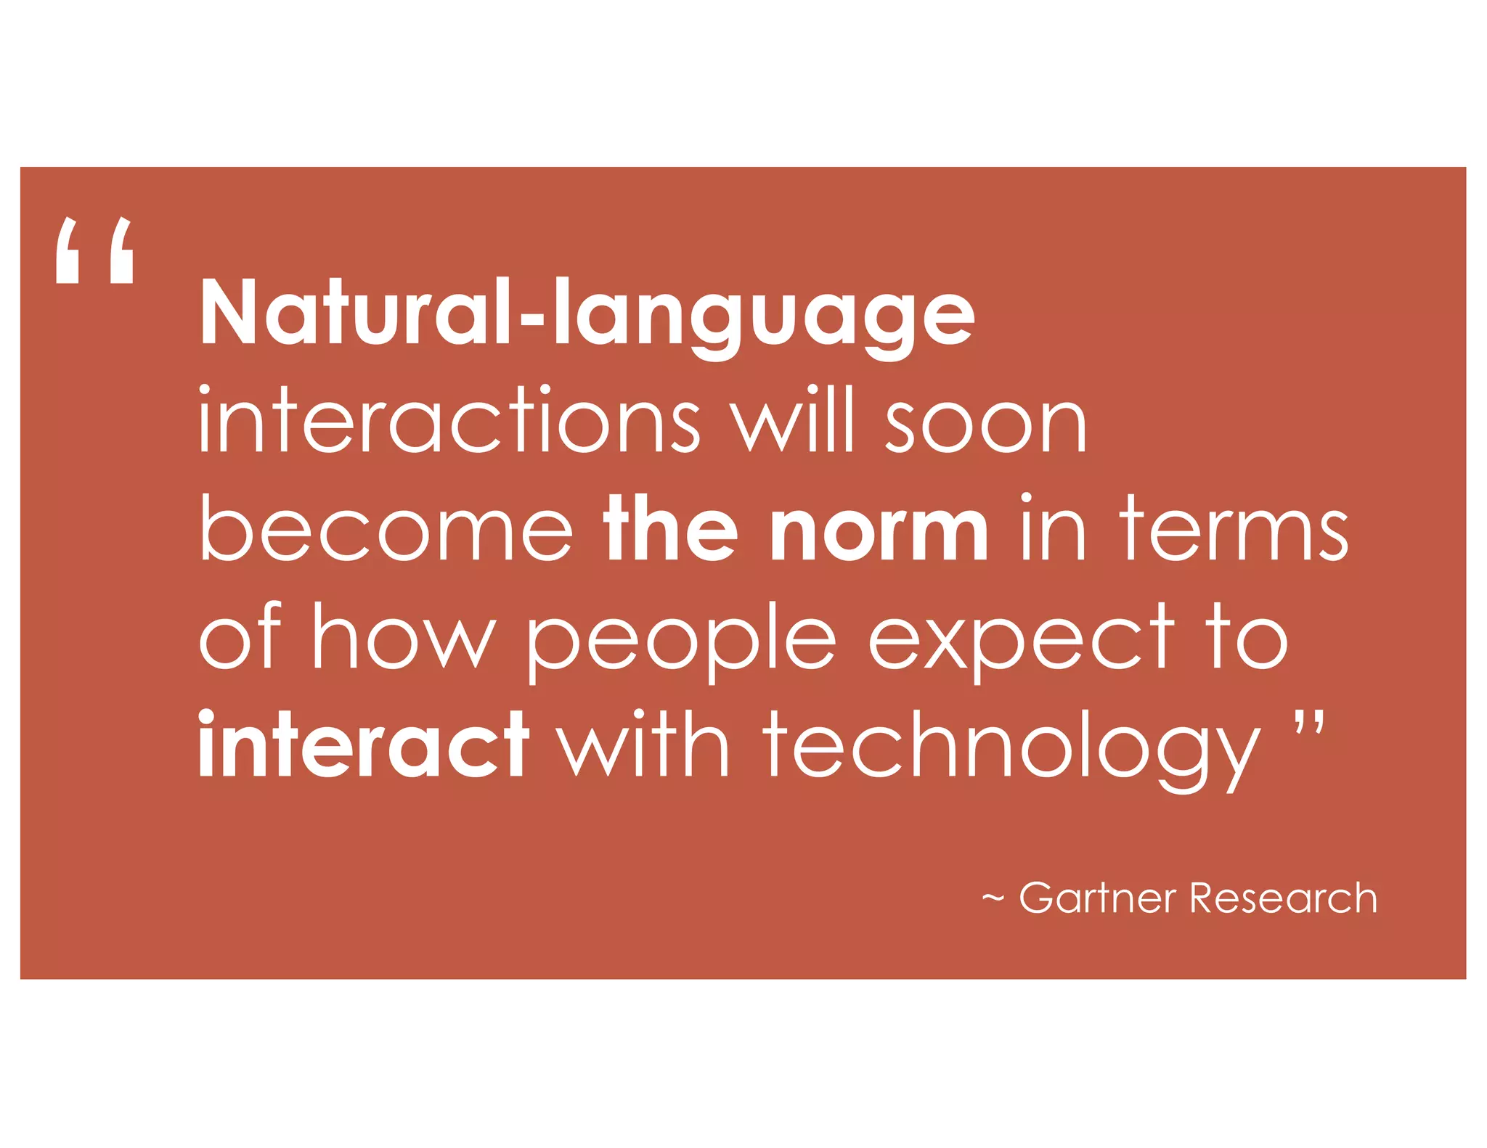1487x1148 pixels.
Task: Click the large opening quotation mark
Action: click(94, 250)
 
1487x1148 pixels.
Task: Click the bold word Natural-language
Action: click(587, 313)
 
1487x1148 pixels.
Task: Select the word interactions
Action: click(449, 421)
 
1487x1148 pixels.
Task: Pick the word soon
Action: click(985, 425)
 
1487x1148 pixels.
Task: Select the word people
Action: click(680, 642)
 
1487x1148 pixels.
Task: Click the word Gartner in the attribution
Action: click(1097, 898)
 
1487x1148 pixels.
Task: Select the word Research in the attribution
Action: click(1283, 898)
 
